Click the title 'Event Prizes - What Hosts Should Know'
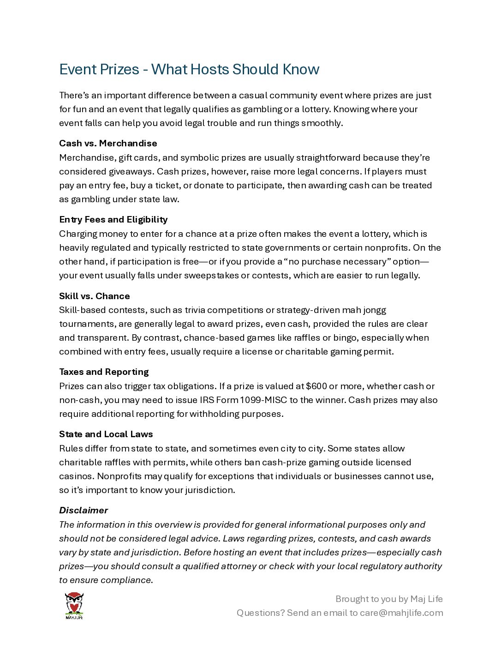pyautogui.click(x=189, y=69)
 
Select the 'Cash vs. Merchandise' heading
pyautogui.click(x=108, y=143)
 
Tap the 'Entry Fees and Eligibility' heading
pyautogui.click(x=113, y=219)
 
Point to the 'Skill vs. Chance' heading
pyautogui.click(x=94, y=296)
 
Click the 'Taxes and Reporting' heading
pyautogui.click(x=104, y=372)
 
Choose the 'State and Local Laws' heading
pyautogui.click(x=106, y=434)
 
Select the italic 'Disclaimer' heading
pyautogui.click(x=83, y=510)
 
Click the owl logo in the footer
pyautogui.click(x=74, y=605)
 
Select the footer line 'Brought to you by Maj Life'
pyautogui.click(x=389, y=599)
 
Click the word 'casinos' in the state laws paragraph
pyautogui.click(x=75, y=476)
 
